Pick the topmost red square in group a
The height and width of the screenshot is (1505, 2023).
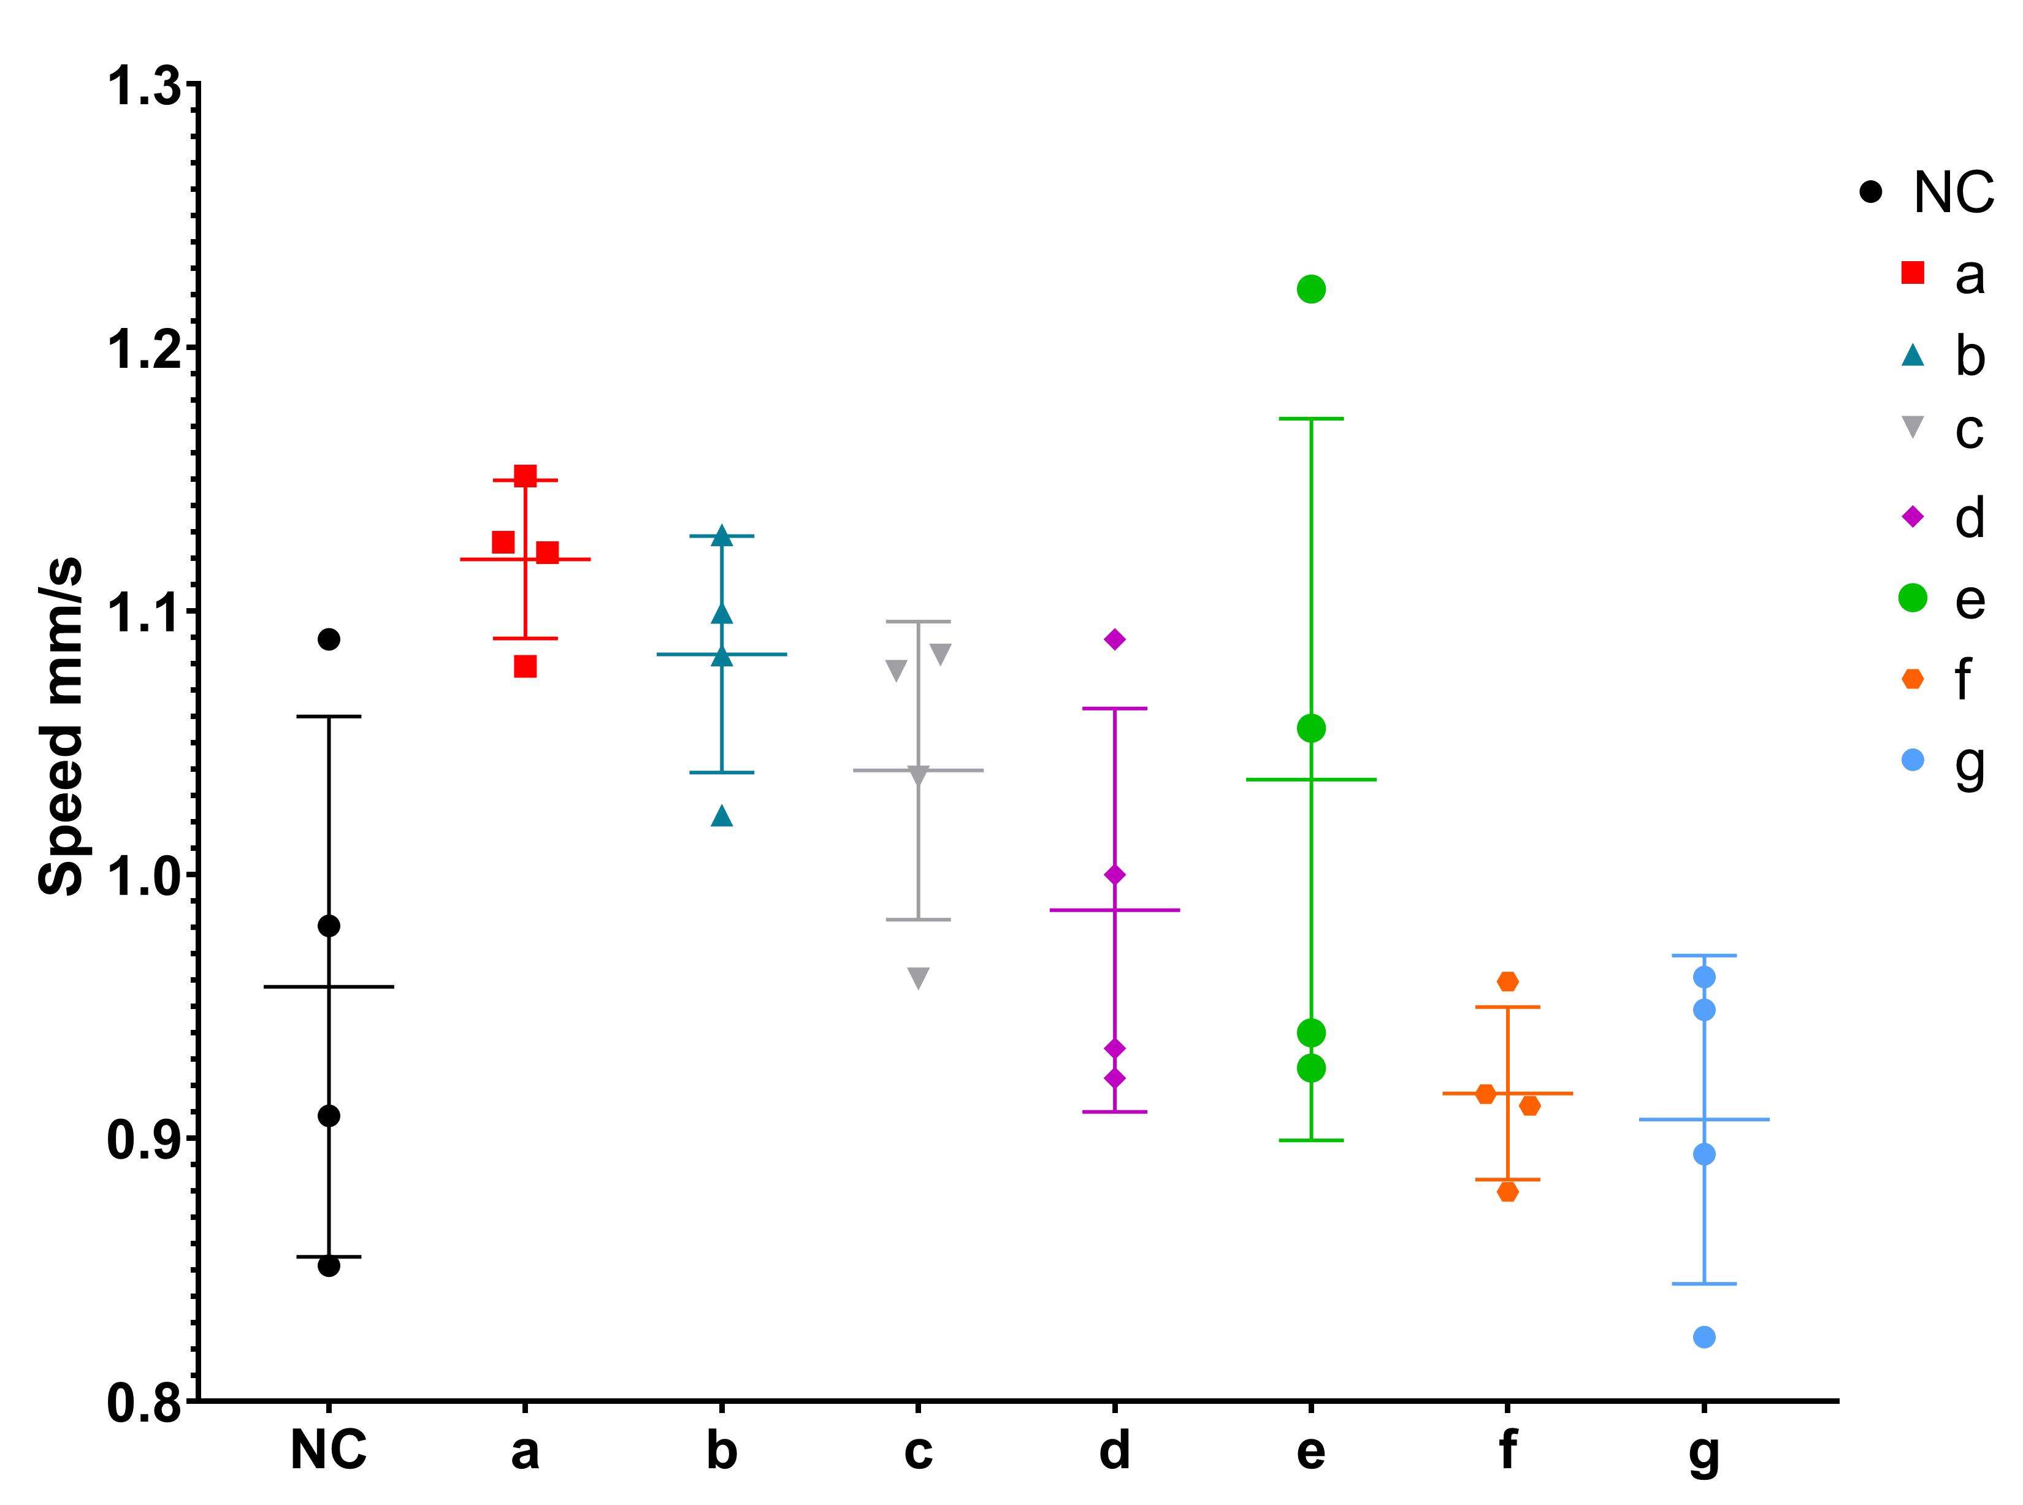tap(525, 476)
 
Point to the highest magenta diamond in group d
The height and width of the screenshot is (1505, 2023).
tap(1114, 639)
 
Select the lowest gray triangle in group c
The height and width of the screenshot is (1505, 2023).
tap(919, 978)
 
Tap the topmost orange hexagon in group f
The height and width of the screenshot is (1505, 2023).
tap(1507, 981)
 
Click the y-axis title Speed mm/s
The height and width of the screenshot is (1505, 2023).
tap(62, 726)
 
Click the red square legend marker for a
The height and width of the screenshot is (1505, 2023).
tap(1913, 272)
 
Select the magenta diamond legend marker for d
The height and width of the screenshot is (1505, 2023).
tap(1913, 517)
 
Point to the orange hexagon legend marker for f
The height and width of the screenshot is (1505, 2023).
tap(1913, 679)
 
